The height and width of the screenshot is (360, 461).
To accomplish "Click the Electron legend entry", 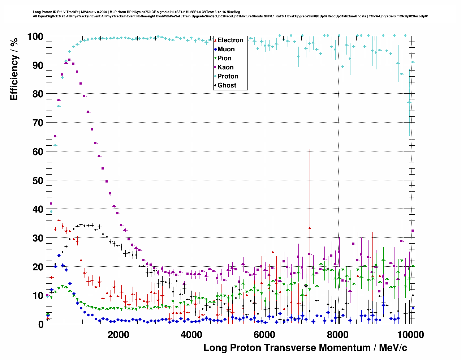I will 230,40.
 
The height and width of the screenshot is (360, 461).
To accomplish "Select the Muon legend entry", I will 226,49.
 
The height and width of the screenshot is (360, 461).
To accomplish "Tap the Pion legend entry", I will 224,58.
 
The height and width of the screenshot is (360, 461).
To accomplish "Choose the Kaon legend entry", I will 225,67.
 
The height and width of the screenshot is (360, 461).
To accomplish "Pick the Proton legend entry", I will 228,76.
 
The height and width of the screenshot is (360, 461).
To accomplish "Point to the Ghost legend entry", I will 227,85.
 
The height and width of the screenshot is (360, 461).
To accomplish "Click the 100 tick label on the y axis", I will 35,37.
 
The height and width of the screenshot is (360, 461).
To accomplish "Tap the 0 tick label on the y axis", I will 41,324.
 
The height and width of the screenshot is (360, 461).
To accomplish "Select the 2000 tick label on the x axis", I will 119,334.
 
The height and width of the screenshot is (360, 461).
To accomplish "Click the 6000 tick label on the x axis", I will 264,334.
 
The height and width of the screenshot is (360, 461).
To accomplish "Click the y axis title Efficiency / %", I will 14,69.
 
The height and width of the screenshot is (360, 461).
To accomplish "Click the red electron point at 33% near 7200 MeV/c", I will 310,228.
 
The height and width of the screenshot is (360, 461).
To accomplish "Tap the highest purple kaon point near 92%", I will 69,60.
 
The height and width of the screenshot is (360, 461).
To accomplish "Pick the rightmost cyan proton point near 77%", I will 409,102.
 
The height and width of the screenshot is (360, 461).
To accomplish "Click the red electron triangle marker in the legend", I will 216,40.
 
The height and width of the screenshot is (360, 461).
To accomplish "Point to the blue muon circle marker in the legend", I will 216,49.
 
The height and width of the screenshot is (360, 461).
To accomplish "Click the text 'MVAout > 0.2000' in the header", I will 94,12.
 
